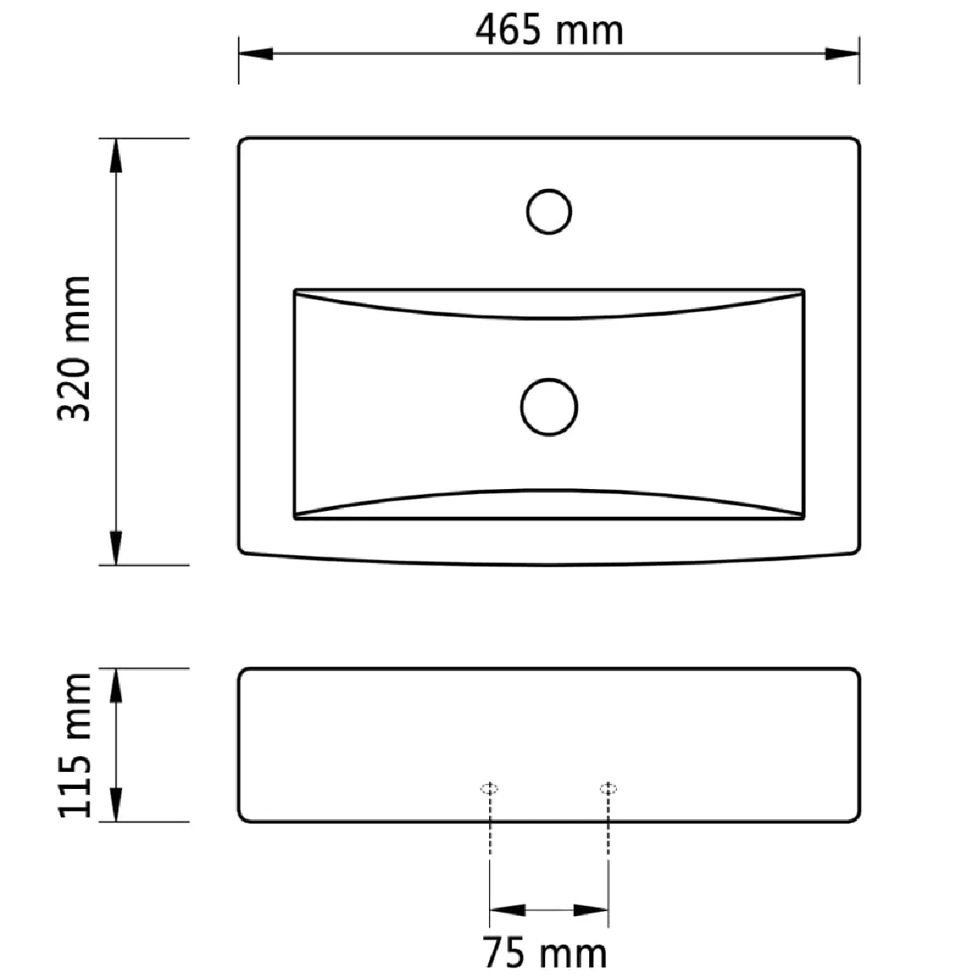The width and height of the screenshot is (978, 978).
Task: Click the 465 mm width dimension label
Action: click(x=548, y=30)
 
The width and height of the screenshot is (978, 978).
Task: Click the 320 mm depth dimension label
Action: click(x=74, y=349)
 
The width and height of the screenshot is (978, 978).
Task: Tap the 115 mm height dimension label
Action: click(x=74, y=745)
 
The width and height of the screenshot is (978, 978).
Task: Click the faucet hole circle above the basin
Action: click(x=549, y=189)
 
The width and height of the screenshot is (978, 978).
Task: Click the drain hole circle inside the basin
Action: click(x=549, y=379)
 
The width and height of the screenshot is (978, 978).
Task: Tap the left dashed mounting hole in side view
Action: click(x=489, y=788)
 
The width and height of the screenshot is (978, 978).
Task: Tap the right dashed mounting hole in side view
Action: click(x=608, y=788)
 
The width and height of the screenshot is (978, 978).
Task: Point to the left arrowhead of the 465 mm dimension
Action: click(x=256, y=53)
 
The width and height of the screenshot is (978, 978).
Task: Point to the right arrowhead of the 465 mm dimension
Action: click(x=841, y=53)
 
